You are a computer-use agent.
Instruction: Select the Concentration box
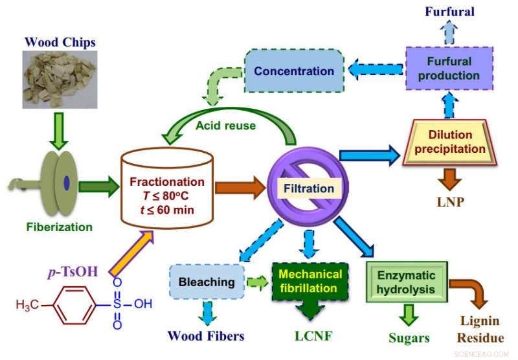click(x=293, y=70)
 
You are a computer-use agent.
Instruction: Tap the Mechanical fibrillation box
click(x=310, y=282)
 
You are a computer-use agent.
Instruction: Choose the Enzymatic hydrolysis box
click(x=407, y=282)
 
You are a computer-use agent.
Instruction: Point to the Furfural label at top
click(x=450, y=12)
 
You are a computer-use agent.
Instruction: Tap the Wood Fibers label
click(x=205, y=335)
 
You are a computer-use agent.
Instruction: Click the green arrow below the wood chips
click(x=60, y=128)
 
